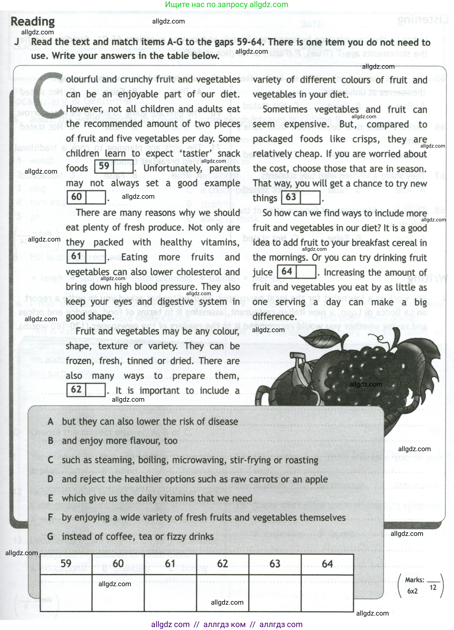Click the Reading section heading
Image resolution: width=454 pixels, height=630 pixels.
tap(33, 21)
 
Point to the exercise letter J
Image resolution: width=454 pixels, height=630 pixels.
tap(17, 42)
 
